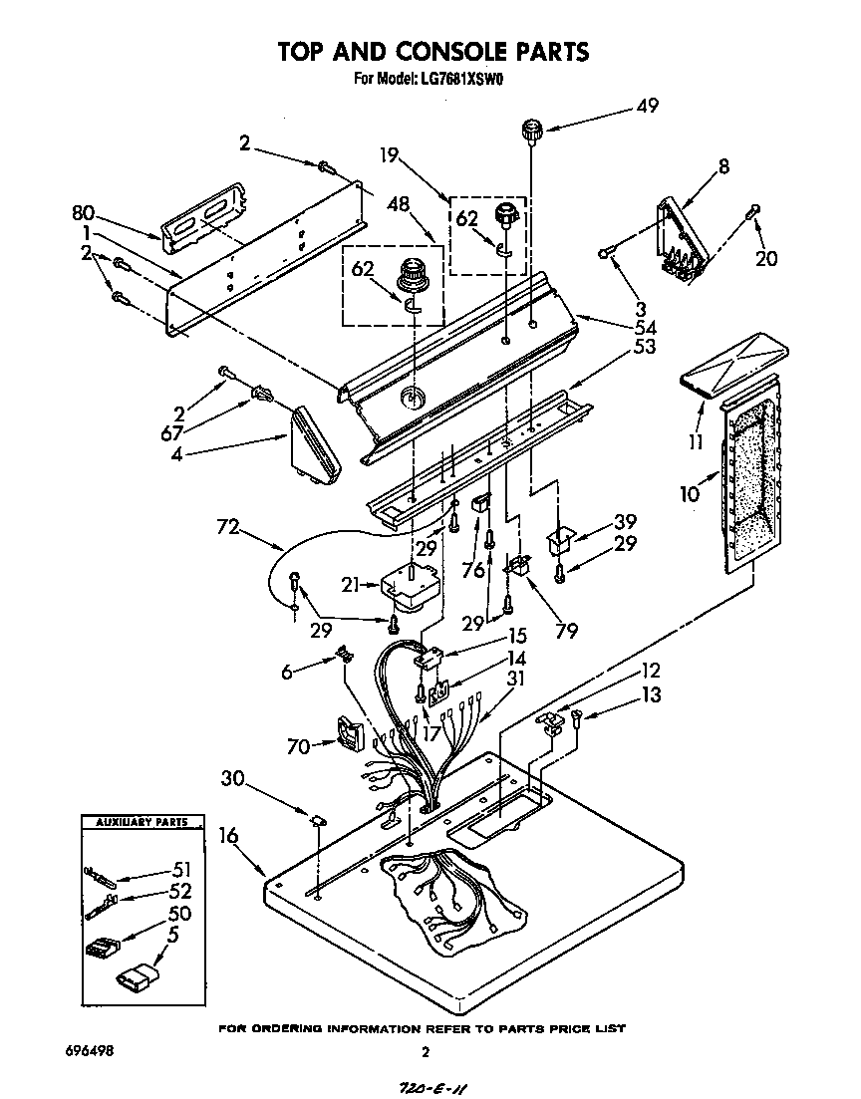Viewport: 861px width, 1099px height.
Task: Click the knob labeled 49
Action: [532, 130]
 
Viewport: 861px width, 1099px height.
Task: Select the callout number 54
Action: [647, 326]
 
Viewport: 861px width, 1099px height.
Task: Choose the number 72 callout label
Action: [228, 527]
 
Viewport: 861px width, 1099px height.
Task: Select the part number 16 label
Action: [228, 835]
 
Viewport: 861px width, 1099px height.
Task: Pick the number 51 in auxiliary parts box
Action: [180, 869]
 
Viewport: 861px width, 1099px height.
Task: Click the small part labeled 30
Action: [318, 820]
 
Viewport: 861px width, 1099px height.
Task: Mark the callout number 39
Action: [625, 522]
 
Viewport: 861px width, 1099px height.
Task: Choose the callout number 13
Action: [650, 694]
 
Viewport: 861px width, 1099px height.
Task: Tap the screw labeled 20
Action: [754, 211]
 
